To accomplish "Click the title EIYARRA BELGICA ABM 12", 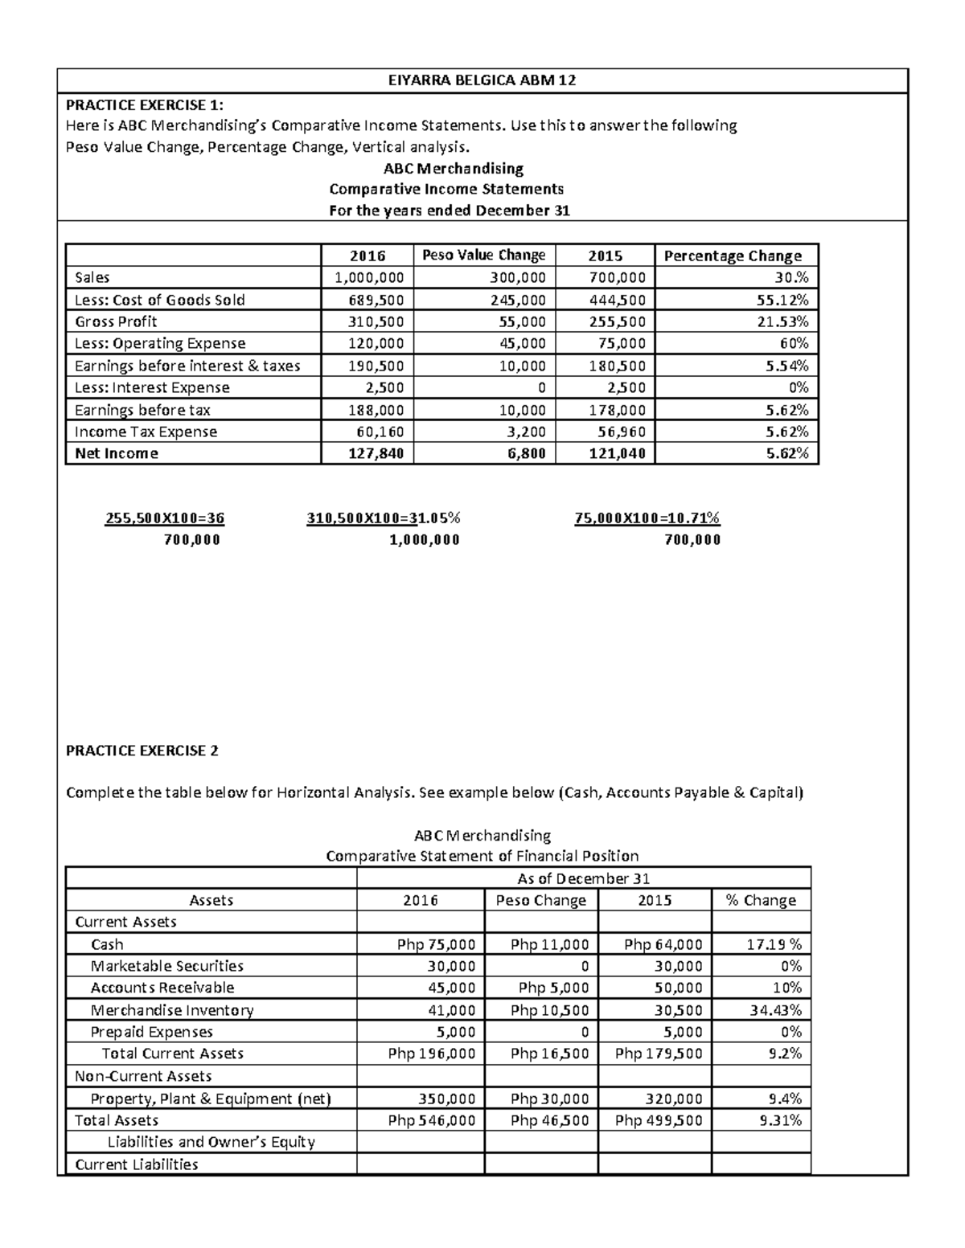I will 482,80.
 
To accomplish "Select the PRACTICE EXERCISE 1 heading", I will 145,104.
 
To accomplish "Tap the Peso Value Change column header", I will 483,255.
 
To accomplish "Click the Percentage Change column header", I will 732,256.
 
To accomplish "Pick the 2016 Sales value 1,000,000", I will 368,277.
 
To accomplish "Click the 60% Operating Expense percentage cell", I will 793,343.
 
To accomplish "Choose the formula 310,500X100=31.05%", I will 384,518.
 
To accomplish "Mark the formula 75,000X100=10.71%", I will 647,518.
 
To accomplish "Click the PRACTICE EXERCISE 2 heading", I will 142,751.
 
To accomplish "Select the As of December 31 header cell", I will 583,878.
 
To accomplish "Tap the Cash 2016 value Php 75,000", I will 436,944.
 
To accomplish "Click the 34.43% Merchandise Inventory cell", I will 775,1010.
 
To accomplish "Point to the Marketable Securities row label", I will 166,966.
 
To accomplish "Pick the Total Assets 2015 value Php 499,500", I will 658,1120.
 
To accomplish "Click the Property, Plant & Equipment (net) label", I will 211,1099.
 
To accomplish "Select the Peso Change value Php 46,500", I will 549,1120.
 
